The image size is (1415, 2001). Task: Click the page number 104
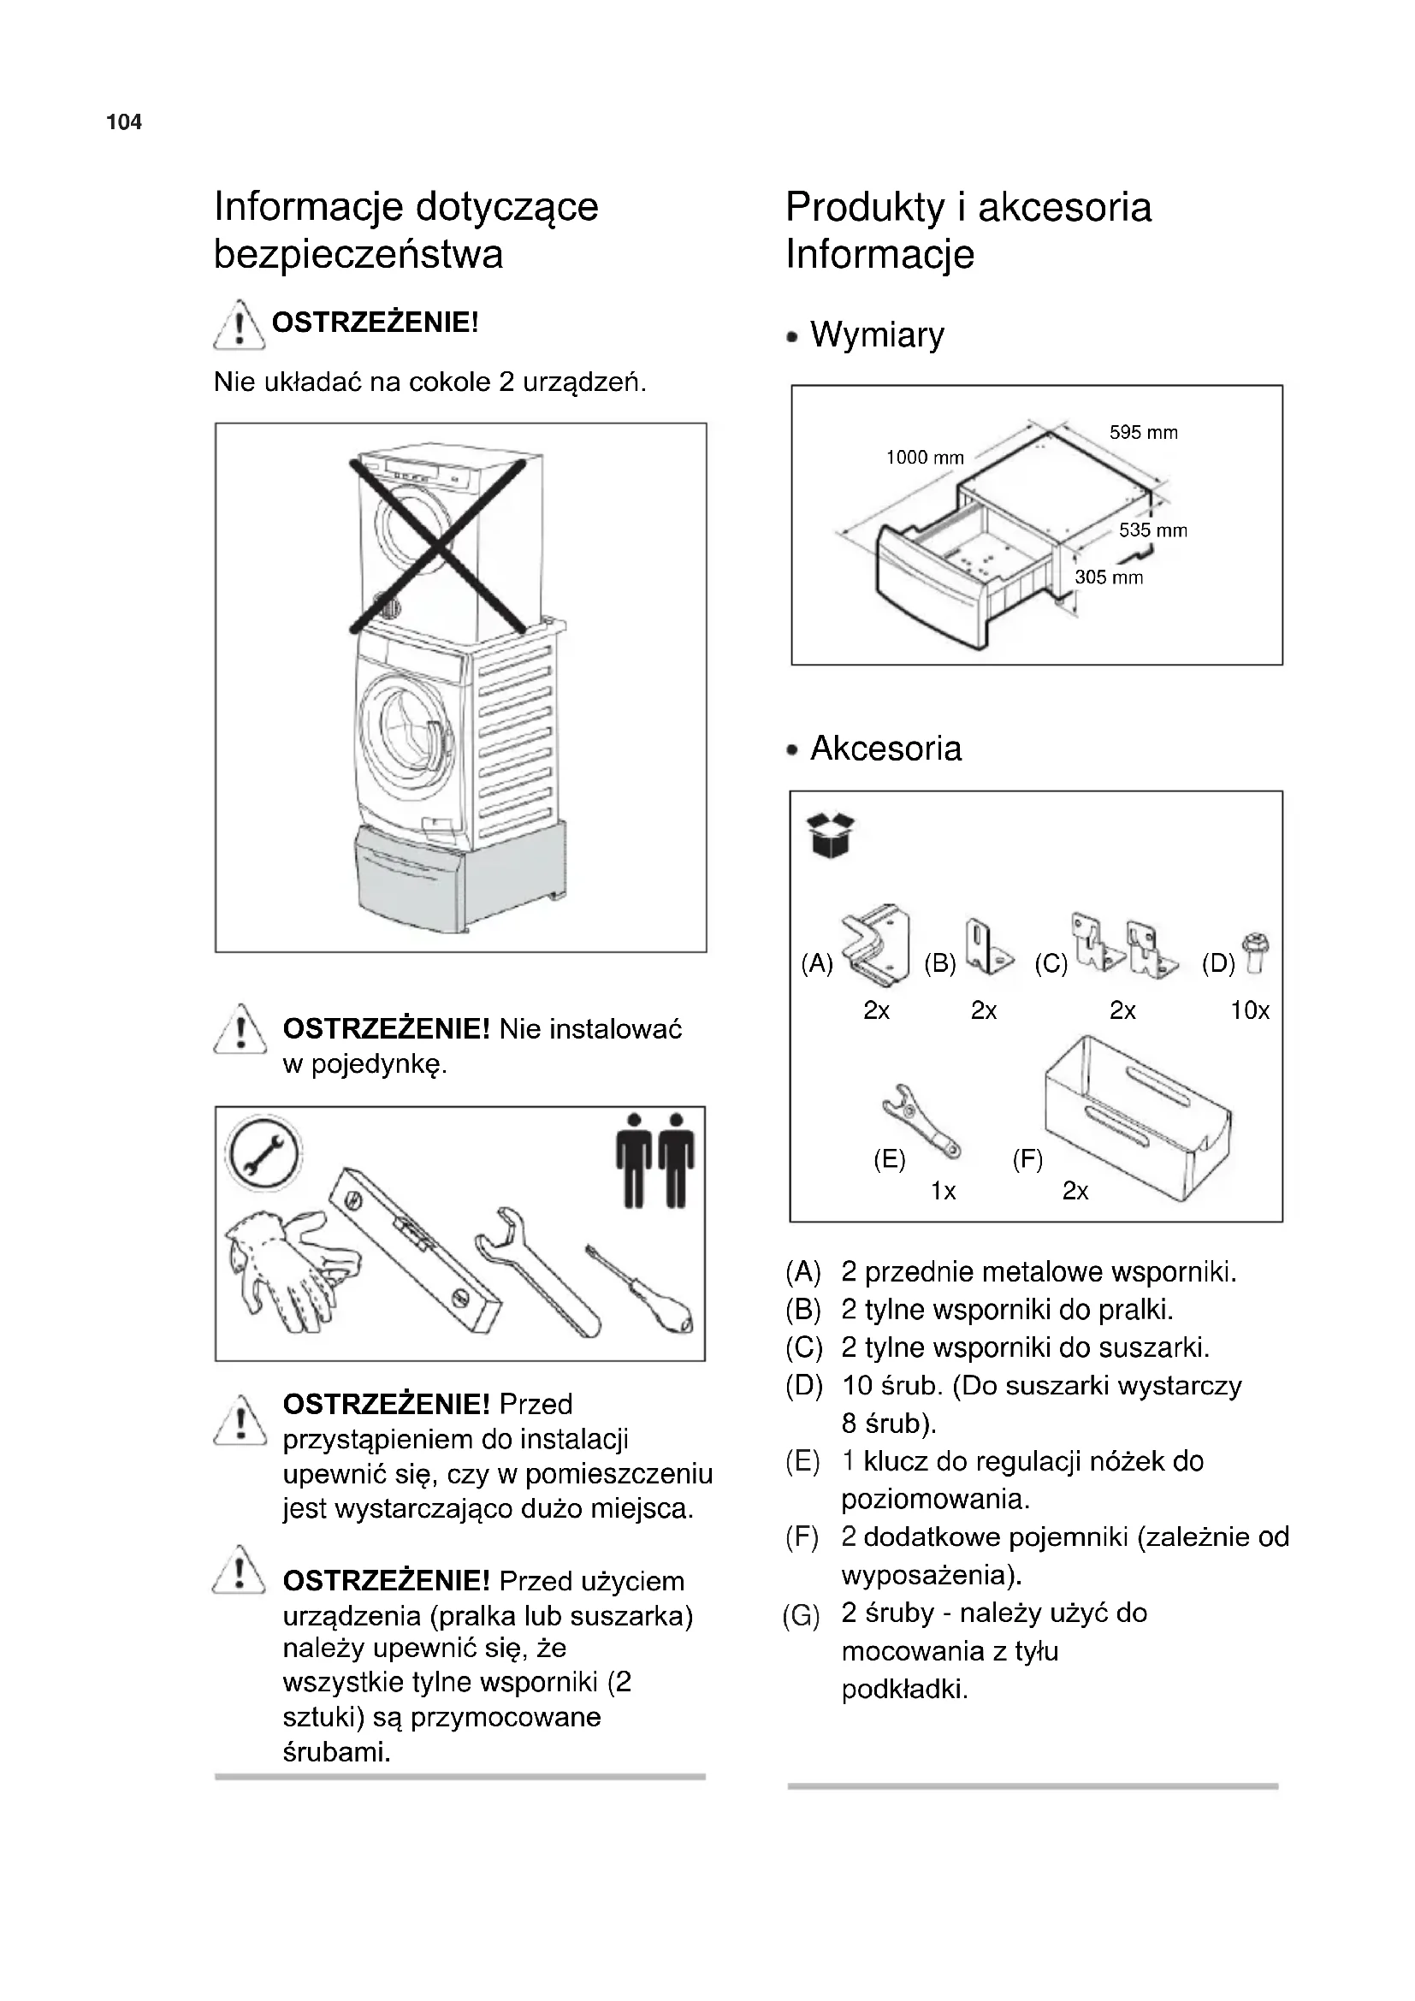click(124, 122)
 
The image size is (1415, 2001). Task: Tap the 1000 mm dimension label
click(925, 458)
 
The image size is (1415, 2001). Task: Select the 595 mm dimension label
click(1143, 432)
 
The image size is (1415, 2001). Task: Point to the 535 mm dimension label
click(1152, 530)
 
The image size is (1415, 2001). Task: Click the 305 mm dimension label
click(1108, 577)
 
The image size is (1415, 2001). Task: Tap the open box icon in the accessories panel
click(831, 835)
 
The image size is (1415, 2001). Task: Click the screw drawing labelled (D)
click(1258, 952)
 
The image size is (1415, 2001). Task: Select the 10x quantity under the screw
click(1249, 1010)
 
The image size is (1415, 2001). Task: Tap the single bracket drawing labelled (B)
click(989, 947)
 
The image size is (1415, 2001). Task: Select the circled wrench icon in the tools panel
click(263, 1155)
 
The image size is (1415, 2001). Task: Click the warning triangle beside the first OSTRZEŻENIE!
click(239, 324)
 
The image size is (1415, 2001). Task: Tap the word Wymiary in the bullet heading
click(877, 334)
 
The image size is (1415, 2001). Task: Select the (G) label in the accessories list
click(801, 1617)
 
